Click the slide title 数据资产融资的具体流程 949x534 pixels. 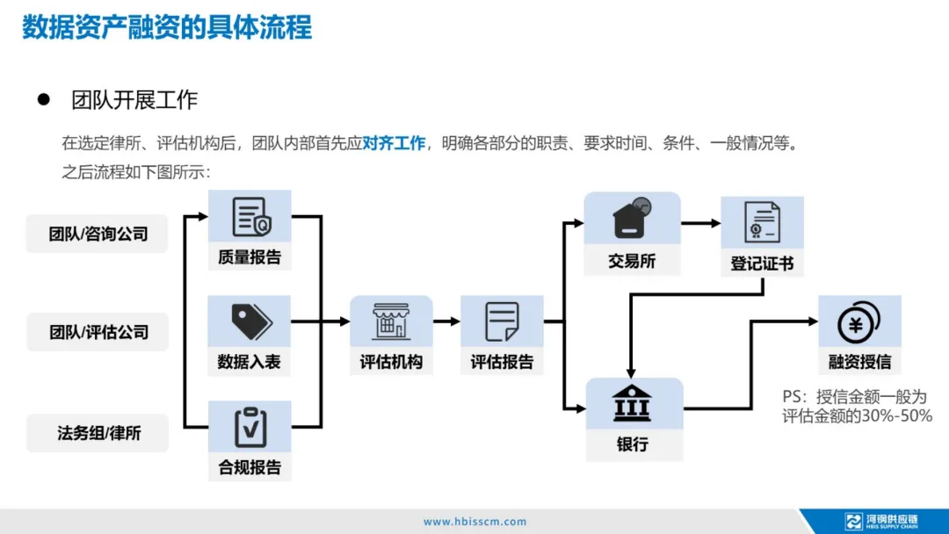coord(167,27)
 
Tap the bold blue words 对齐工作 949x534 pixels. coord(394,143)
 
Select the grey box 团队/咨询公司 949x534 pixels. coord(98,234)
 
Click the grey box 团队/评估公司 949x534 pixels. coord(98,332)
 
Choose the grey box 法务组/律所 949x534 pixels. coord(98,432)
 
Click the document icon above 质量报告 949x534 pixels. coord(250,217)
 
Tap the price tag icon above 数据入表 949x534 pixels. coord(250,321)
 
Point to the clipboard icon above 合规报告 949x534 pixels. coord(250,427)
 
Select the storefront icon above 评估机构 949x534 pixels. coord(391,321)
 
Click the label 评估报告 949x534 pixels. coord(502,362)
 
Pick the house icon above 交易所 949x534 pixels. coord(632,219)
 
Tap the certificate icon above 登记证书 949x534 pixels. coord(761,222)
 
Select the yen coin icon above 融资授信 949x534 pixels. coord(859,322)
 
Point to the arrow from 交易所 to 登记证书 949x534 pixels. coord(700,223)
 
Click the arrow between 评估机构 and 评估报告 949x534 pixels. coord(446,321)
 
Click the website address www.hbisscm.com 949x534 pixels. coord(474,522)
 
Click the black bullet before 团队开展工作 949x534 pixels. coord(42,99)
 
